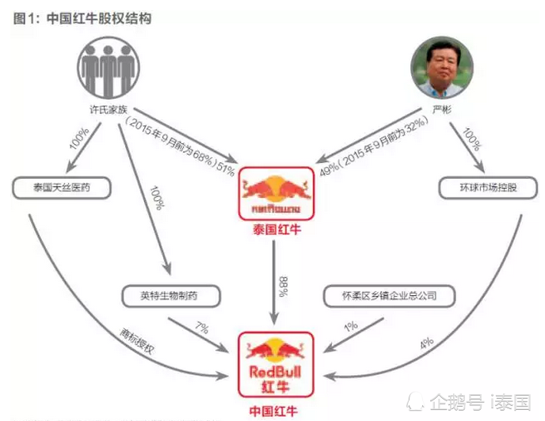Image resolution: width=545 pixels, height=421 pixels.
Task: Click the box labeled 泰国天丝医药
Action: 60,189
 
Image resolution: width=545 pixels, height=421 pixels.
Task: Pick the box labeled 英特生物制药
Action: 169,297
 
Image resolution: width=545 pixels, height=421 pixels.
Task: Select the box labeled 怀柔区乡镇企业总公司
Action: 391,297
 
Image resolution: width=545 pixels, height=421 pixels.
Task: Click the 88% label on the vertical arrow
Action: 282,286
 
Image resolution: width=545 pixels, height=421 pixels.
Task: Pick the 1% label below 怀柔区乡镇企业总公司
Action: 349,326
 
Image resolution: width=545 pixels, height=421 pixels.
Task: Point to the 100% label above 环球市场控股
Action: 472,143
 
